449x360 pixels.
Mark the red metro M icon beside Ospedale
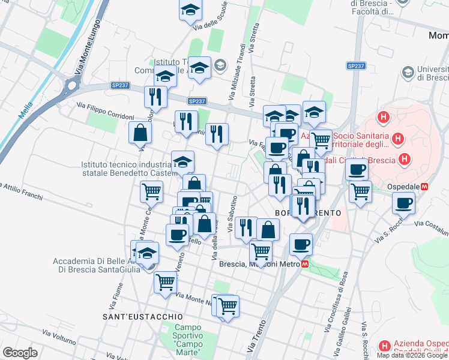pos(425,187)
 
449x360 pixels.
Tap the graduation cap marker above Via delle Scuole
pos(190,10)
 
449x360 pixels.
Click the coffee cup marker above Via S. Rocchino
pos(404,203)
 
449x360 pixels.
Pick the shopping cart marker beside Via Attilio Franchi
pos(151,191)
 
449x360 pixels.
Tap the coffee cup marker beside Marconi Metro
pos(301,244)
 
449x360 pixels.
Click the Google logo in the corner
pos(20,353)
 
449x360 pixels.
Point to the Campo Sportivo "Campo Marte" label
pos(187,339)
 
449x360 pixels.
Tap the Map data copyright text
pos(412,355)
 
